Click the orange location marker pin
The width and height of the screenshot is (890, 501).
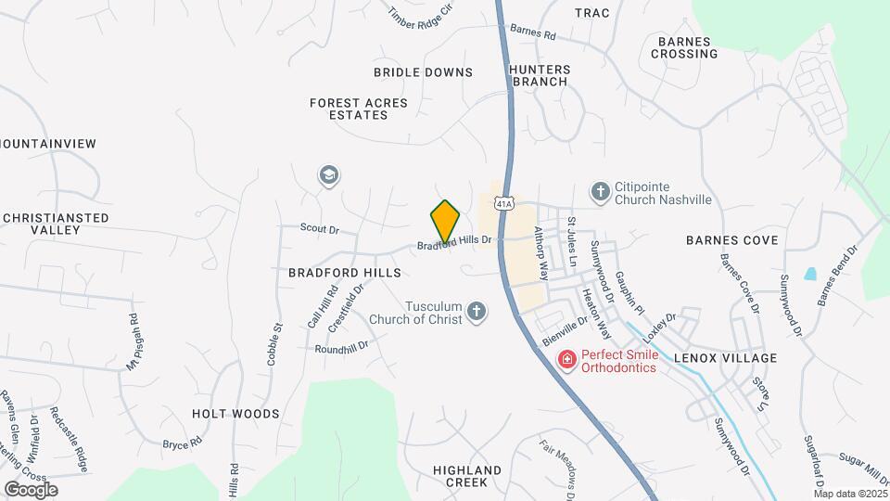(x=445, y=221)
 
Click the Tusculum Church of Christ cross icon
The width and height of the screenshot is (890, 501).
(x=477, y=311)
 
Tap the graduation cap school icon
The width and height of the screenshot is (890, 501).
(x=327, y=174)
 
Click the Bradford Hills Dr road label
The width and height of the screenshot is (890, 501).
(x=453, y=243)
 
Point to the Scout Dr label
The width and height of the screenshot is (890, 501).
(x=320, y=228)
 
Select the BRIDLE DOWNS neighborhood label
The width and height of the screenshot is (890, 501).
(x=423, y=72)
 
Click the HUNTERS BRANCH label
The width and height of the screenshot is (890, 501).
(x=538, y=75)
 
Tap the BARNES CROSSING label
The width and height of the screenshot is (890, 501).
(x=684, y=47)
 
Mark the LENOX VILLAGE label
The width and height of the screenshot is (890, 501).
(x=725, y=357)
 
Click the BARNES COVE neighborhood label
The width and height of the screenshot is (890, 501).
(x=731, y=240)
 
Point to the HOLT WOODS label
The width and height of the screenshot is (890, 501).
(x=235, y=413)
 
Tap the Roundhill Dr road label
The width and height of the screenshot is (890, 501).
(x=341, y=348)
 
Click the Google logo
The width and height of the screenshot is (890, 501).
(x=31, y=489)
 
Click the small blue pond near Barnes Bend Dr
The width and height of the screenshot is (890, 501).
(x=811, y=274)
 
